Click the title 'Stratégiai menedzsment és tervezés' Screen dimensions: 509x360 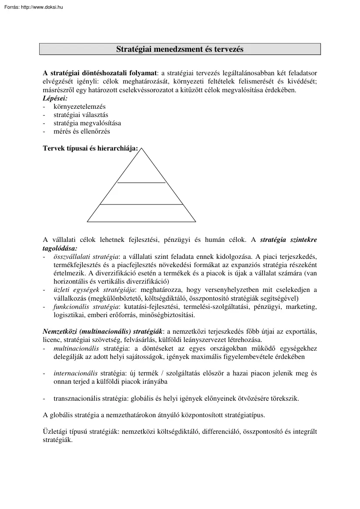180,49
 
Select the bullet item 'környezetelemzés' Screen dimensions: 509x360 79,107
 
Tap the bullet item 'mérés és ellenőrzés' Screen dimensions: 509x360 81,131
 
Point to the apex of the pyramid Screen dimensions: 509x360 141,148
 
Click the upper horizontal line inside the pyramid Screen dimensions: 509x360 141,183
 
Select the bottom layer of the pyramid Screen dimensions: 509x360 141,213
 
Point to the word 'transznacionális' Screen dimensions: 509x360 76,398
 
